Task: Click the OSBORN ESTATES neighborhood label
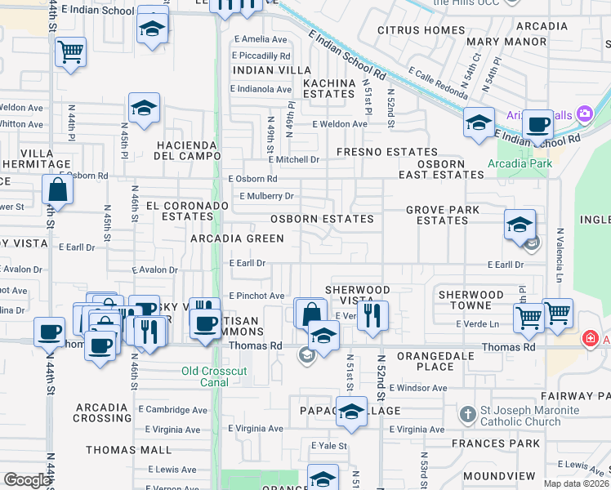[322, 219]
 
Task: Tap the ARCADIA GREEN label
[237, 238]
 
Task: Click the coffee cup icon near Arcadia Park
[537, 124]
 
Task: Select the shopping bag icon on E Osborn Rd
[58, 189]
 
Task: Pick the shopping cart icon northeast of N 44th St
[71, 51]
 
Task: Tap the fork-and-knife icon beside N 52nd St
[373, 315]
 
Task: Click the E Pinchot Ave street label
[256, 296]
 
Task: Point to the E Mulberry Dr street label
[266, 196]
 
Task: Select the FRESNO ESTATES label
[386, 152]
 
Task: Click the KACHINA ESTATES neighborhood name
[328, 88]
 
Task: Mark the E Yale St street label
[329, 446]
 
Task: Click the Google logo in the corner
[27, 480]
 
